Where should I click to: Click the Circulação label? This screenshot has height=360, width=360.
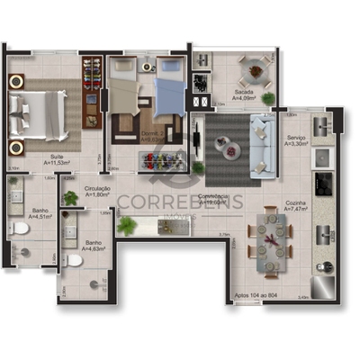(x=97, y=190)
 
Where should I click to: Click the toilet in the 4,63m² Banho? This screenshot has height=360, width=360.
(x=76, y=261)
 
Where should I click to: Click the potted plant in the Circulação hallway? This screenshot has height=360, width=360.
(x=70, y=198)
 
